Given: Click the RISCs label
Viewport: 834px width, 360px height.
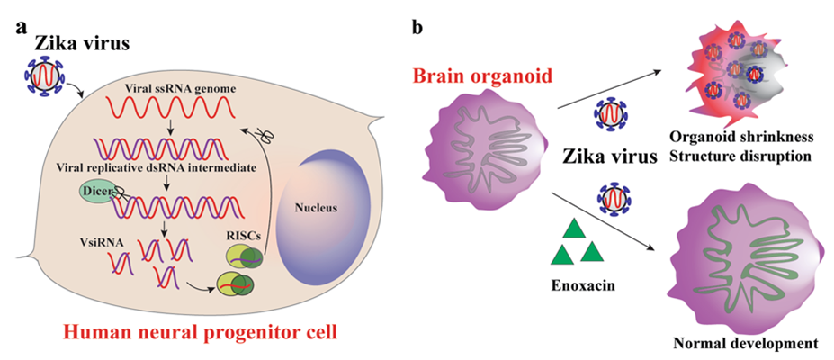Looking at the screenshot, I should (x=244, y=234).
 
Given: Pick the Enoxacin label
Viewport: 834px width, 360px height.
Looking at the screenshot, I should (x=576, y=283).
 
